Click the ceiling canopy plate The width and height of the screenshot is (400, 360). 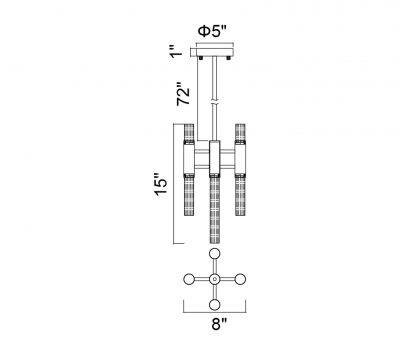[213, 53]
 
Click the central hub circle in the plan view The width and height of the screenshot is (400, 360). [214, 279]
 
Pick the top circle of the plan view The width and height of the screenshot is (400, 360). [214, 256]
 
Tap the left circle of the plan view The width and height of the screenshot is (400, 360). [190, 279]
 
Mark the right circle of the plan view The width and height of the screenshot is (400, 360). [238, 279]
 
